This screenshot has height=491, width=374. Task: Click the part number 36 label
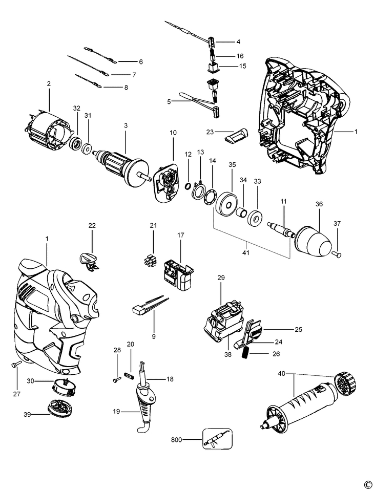(319, 204)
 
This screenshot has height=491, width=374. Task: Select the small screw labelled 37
(337, 254)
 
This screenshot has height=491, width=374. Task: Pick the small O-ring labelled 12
(187, 186)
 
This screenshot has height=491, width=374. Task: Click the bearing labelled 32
(75, 144)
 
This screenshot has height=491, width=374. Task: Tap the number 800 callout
(176, 440)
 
